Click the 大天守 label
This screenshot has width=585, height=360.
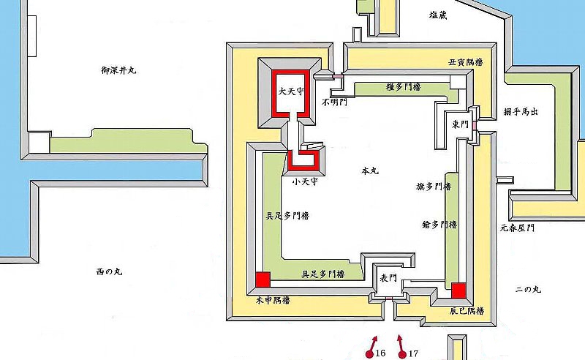(x=290, y=91)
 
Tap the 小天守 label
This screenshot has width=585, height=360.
(x=303, y=180)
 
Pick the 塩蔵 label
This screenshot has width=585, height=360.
(x=439, y=15)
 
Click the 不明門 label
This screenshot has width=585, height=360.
(x=333, y=103)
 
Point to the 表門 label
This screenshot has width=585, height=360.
(x=388, y=278)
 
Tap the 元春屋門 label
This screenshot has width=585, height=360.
(x=518, y=228)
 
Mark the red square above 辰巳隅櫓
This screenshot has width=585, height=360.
(x=458, y=290)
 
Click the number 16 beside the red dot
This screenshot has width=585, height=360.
(x=380, y=353)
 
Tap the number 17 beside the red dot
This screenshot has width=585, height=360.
(x=414, y=353)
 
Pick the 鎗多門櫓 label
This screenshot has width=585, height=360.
(x=439, y=225)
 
